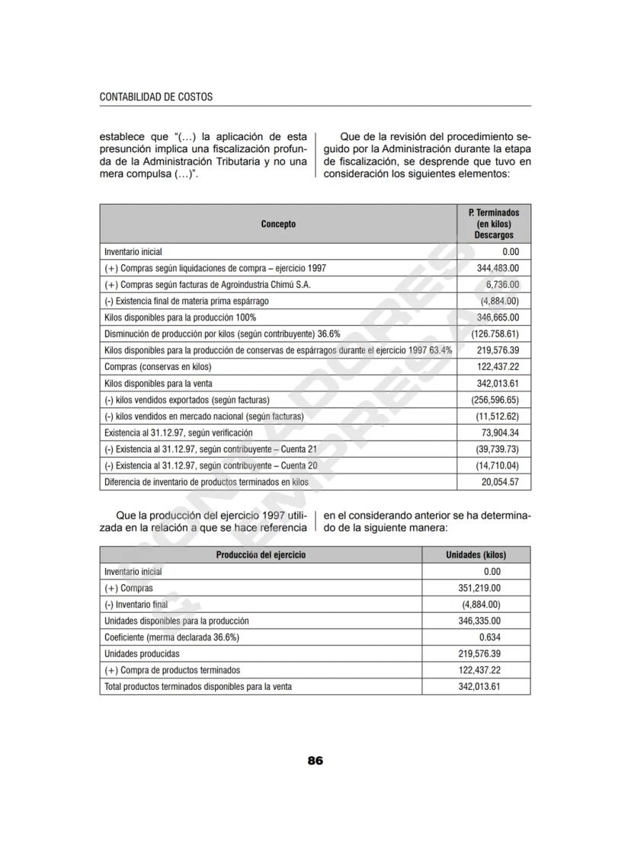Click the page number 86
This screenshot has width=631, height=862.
coord(315,761)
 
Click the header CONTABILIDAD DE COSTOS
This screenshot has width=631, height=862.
coord(155,97)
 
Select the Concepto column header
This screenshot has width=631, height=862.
coord(278,224)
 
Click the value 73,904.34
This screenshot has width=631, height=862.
coord(496,433)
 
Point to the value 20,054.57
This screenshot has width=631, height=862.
coord(496,482)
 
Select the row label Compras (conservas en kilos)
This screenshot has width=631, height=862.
coord(158,366)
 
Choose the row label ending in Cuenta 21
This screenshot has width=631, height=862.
coord(210,449)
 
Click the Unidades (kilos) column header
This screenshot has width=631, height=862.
coord(476,555)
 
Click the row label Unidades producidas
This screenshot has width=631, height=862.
coord(142,654)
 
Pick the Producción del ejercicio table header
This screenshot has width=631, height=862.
coord(261,555)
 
